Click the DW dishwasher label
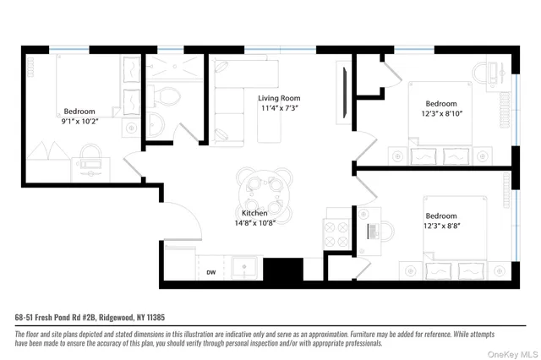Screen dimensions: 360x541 [x=212, y=272]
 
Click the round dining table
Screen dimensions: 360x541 [x=265, y=190]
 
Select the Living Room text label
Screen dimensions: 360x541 [x=280, y=98]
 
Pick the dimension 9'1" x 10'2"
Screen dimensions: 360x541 [x=79, y=122]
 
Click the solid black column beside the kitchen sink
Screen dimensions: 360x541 [x=282, y=270]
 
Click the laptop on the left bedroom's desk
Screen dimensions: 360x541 [x=90, y=153]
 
